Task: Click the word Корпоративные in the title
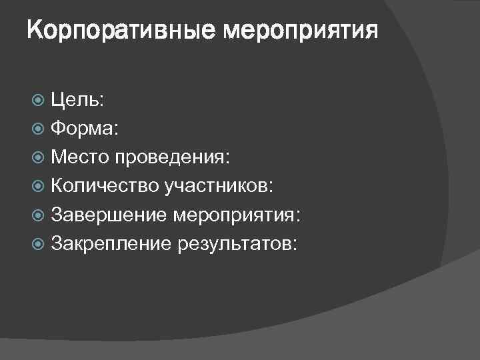(121, 31)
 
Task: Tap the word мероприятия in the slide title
(299, 31)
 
